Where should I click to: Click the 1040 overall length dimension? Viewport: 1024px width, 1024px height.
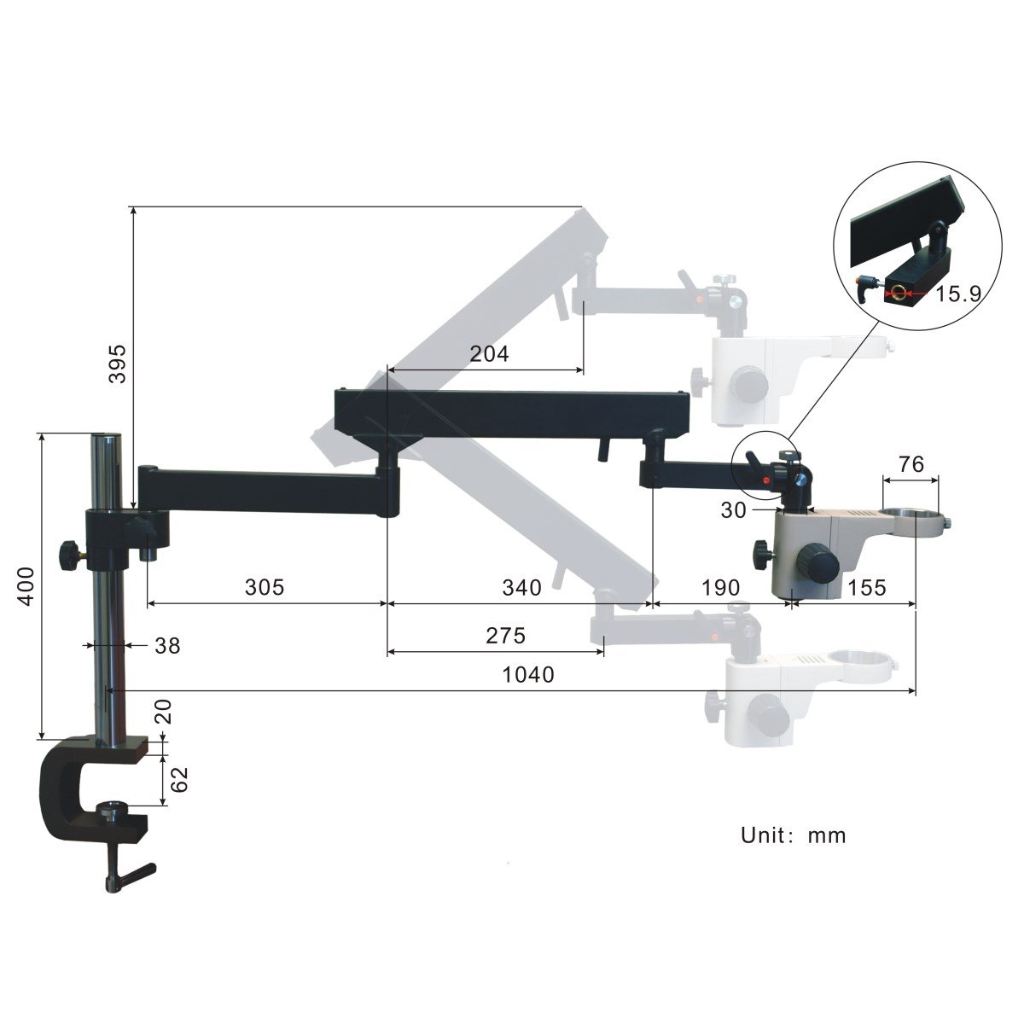click(528, 675)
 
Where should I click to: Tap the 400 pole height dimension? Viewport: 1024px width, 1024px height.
click(26, 585)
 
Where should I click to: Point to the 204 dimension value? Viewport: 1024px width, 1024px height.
click(489, 353)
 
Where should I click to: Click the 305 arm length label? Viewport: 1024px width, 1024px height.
click(264, 587)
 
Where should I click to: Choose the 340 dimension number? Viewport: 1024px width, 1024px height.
click(521, 587)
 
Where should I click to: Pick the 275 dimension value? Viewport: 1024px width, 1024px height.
click(505, 635)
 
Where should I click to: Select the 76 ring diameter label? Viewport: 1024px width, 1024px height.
click(911, 464)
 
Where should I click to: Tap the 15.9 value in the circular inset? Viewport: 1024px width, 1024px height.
click(958, 294)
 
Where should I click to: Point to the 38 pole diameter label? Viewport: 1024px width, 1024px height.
click(167, 646)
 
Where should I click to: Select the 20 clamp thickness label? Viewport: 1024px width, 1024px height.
click(164, 712)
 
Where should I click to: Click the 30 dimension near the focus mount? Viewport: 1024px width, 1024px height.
click(733, 510)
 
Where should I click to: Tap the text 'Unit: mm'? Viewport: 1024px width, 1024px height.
click(793, 835)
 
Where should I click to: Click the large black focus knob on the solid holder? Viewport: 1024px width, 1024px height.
click(821, 563)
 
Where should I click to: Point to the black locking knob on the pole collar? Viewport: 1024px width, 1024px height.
click(67, 555)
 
